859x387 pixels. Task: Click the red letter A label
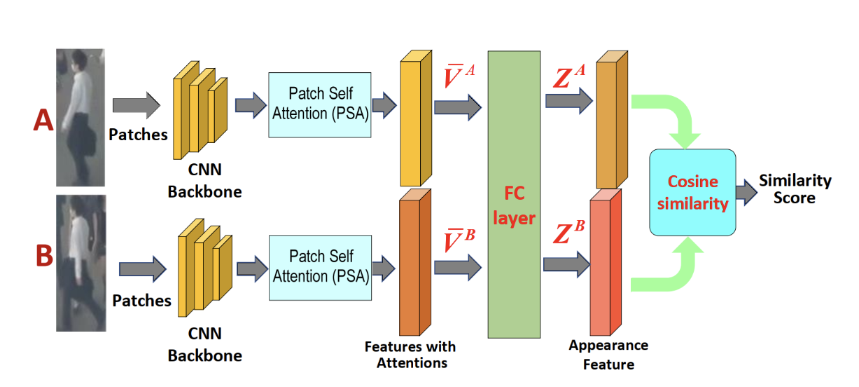point(43,120)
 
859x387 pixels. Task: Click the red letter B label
point(44,255)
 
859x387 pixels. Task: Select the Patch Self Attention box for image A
point(320,105)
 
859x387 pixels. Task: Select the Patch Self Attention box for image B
point(320,268)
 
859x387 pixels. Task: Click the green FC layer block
point(514,194)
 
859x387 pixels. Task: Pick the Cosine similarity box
point(692,192)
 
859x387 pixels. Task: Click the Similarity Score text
point(795,189)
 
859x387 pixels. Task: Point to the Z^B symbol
point(569,231)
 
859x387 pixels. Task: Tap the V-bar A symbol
point(459,76)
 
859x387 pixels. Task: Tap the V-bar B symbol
point(459,240)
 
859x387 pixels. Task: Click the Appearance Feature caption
point(608,354)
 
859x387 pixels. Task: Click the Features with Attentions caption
point(410,354)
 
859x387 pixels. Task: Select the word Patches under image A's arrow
point(138,135)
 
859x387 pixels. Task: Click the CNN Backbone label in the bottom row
point(205,344)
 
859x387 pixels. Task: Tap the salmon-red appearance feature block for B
point(606,262)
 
